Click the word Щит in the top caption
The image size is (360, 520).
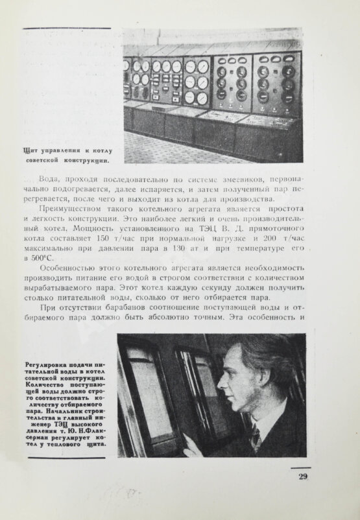(29, 148)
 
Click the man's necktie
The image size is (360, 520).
(255, 439)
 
